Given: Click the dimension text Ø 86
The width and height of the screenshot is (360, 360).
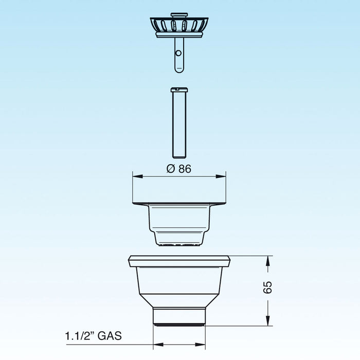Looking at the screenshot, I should (179, 169).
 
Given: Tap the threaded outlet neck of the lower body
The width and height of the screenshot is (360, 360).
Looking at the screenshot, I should (179, 317).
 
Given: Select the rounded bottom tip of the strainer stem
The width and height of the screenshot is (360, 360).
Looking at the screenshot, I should (178, 69).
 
